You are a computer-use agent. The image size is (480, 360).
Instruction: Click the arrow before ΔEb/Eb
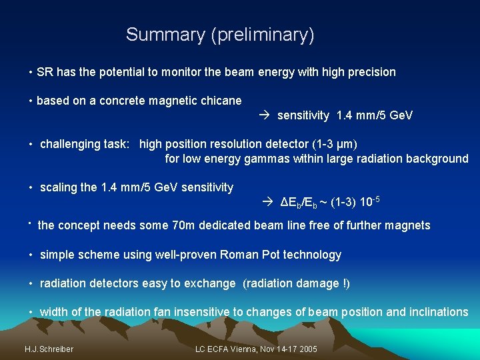point(268,201)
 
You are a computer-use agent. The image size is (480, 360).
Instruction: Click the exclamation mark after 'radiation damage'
point(344,283)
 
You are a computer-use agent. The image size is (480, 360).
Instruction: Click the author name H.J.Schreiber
point(49,349)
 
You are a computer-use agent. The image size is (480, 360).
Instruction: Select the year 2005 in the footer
point(307,349)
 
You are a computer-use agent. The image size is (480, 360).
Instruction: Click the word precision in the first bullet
point(371,72)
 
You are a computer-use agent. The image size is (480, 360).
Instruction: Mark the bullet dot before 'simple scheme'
point(31,255)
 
